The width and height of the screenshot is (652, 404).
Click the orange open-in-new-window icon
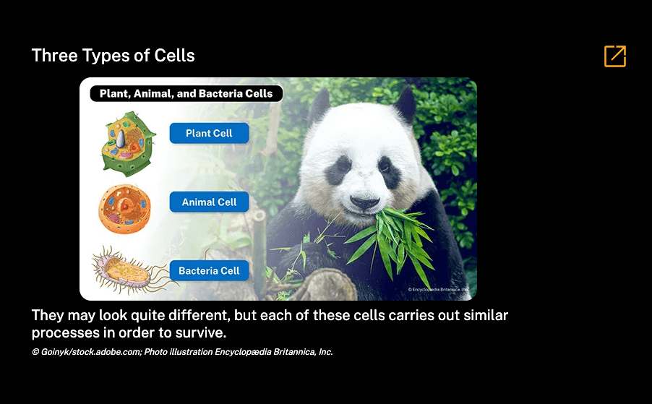coord(615,56)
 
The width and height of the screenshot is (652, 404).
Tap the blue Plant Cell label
coord(209,133)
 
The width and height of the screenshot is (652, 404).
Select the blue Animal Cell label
coord(209,202)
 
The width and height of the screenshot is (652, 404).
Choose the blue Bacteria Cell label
coord(209,270)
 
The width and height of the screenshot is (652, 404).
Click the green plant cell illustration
coord(129,143)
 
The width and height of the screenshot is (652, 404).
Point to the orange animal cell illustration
coord(125,209)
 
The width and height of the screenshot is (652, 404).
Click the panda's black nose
coord(364,202)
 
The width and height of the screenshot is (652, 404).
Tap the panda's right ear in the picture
coord(405,103)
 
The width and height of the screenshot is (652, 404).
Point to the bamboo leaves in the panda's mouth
coord(395,241)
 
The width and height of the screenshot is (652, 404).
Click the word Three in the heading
coord(54,56)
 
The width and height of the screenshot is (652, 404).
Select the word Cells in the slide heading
coord(174,56)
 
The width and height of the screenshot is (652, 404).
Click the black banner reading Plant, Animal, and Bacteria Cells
coord(186,93)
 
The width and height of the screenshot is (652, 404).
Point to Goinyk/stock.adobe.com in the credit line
coord(90,352)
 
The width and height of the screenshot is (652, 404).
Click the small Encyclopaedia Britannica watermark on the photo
coord(438,289)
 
